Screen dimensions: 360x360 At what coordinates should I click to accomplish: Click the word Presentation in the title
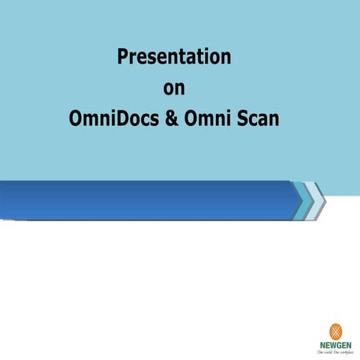coord(174,57)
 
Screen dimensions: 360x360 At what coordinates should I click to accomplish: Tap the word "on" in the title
coord(174,88)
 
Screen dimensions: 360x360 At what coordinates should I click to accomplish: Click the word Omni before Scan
coord(213,119)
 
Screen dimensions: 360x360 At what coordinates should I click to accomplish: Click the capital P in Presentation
coord(122,57)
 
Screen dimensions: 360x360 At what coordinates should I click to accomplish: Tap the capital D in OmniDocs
coord(116,119)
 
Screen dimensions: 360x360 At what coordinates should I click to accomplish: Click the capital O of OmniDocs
coord(75,119)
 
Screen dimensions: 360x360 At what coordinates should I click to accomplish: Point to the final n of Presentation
coord(226,58)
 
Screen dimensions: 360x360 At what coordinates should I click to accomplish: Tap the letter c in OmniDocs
coord(142,120)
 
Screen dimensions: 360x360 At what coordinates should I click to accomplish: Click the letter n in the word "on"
coord(180,89)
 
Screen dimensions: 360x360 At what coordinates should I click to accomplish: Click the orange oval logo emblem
coord(336,331)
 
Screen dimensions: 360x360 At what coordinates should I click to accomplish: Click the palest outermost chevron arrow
coord(318,201)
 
